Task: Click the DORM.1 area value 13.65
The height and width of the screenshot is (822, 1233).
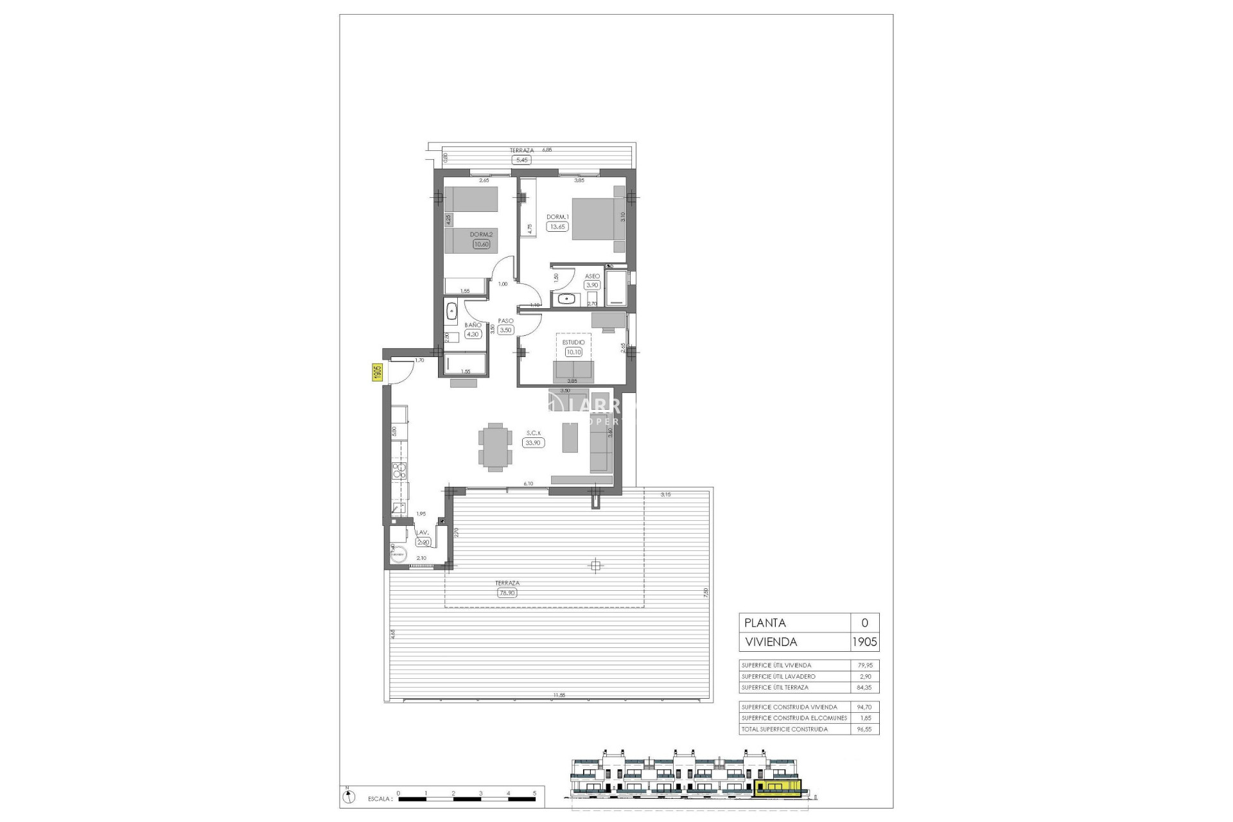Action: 557,226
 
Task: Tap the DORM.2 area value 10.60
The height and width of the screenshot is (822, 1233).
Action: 481,244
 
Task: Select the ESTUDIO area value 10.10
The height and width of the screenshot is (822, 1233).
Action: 573,352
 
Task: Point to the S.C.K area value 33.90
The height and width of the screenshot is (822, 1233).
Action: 532,442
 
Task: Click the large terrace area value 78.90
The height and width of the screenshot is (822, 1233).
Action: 507,593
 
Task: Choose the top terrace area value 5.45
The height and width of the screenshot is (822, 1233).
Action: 521,160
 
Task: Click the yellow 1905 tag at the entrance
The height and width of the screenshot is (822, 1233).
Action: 377,372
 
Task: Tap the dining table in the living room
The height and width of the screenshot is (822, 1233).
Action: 495,447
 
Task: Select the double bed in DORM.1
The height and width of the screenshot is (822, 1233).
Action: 597,219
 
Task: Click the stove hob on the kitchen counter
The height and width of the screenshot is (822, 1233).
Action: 399,471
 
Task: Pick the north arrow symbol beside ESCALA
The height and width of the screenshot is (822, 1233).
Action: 347,797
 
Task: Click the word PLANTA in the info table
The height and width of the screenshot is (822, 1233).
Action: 764,623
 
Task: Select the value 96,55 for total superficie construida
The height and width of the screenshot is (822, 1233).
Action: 864,729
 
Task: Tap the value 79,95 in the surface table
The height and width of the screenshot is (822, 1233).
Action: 864,665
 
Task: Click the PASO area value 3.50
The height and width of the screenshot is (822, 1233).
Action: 505,330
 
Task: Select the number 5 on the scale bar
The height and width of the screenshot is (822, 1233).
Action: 534,793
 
